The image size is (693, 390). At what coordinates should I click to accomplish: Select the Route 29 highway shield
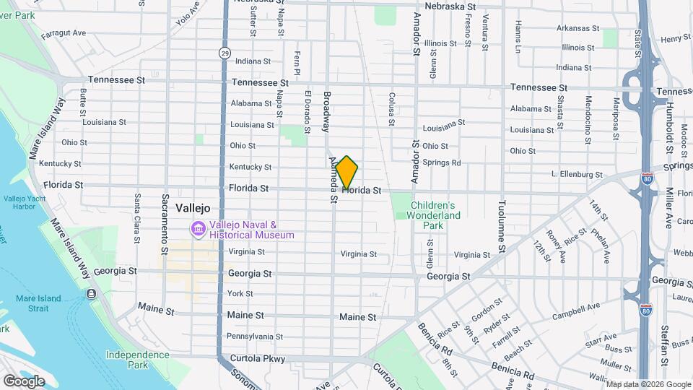coord(225,52)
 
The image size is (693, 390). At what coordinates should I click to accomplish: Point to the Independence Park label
coord(137,359)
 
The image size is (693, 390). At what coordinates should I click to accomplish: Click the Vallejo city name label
coord(193,207)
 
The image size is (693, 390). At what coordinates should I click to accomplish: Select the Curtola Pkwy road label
coord(258,358)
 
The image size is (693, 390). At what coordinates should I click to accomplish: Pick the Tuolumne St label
coord(500,227)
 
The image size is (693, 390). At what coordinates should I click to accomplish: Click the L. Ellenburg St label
coord(576,175)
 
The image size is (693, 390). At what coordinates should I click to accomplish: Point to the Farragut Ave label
coord(64,32)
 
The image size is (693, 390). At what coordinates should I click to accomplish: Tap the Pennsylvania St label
coord(254,336)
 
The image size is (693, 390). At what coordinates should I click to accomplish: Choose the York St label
coord(240,293)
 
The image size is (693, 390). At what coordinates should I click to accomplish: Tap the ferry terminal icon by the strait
coord(92,293)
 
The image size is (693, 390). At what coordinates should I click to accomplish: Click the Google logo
coord(24,381)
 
